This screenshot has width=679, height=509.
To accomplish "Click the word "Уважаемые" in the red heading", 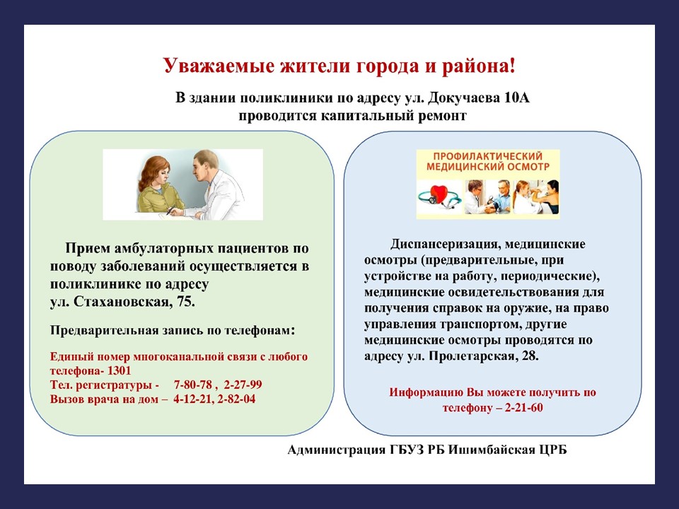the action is tap(219, 66).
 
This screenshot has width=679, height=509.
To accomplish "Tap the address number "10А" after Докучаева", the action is tap(516, 98).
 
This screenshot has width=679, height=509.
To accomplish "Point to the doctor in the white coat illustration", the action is tap(215, 185).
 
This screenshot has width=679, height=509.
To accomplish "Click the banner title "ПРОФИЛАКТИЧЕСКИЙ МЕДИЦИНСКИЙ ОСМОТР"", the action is tap(487, 161).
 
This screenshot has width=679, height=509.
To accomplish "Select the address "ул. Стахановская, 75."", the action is tap(122, 302).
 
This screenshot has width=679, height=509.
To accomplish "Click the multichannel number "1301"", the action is tap(119, 371).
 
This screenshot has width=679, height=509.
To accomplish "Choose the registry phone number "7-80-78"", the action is tap(192, 385).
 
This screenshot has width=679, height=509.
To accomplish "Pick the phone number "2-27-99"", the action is tap(243, 385).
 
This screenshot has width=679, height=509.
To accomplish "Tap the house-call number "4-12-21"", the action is tap(192, 399).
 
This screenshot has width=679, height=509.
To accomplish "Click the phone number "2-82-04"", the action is tap(236, 399).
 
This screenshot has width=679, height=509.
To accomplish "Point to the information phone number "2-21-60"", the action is tap(523, 408).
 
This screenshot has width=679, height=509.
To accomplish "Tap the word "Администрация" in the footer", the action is tap(336, 450).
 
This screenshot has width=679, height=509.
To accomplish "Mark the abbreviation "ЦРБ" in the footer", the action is tap(553, 450).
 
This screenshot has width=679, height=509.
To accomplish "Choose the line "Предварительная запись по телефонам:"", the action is tap(173, 331).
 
